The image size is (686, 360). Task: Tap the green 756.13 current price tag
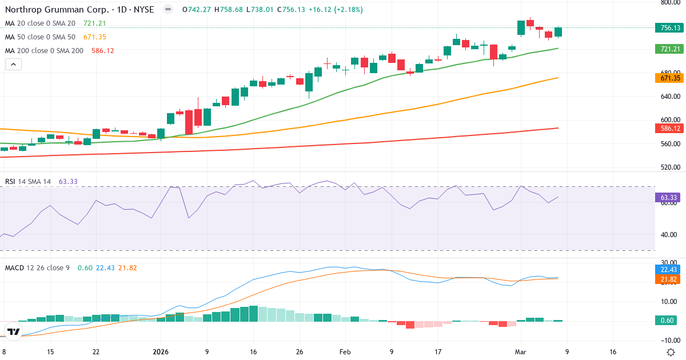(x=669, y=28)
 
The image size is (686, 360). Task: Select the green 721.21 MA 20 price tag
(x=669, y=49)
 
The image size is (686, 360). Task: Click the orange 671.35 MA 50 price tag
(x=669, y=78)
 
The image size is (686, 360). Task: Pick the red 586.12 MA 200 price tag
(x=669, y=129)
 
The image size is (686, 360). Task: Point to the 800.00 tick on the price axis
(x=669, y=2)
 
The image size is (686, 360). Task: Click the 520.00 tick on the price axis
(x=669, y=167)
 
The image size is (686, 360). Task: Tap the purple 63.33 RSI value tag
(x=669, y=198)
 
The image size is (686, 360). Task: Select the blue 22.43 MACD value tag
(x=669, y=270)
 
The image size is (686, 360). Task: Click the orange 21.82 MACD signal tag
(x=669, y=279)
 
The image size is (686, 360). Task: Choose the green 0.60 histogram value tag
(x=669, y=320)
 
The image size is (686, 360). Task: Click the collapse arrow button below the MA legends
(x=13, y=65)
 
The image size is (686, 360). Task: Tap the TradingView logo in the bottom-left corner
(x=14, y=331)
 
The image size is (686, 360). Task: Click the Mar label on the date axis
(x=521, y=352)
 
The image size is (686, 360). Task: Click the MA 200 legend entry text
(x=44, y=51)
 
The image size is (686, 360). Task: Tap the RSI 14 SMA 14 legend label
(x=28, y=182)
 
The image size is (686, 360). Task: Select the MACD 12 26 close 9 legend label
(x=38, y=267)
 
